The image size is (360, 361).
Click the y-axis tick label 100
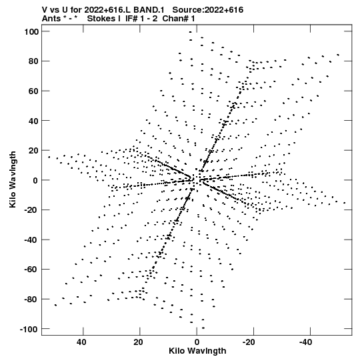tap(31, 31)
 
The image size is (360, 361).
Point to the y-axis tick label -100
tap(29, 329)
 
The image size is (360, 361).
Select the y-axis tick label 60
tap(34, 91)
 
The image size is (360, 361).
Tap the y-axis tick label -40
tap(31, 240)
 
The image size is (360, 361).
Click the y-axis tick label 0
tap(35, 180)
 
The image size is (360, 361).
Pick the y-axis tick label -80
tap(31, 300)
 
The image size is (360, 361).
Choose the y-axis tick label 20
tap(34, 151)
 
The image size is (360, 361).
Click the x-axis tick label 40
tap(81, 342)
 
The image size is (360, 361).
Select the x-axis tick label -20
tap(249, 342)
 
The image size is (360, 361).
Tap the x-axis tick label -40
tap(306, 342)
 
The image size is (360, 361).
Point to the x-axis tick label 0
tap(197, 342)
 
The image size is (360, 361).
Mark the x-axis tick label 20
tap(138, 342)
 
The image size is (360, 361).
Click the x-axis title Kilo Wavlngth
tap(197, 351)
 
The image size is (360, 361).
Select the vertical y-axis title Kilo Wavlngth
tap(13, 179)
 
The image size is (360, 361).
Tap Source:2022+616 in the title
tap(208, 10)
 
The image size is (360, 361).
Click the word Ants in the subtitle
tap(51, 19)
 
